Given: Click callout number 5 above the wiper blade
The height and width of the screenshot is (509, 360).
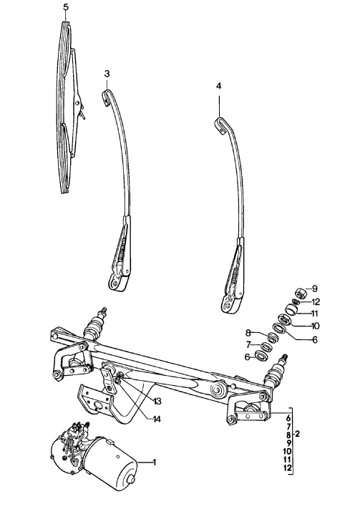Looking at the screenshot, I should tap(65, 7).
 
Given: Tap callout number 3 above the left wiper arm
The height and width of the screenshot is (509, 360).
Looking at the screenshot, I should tap(107, 74).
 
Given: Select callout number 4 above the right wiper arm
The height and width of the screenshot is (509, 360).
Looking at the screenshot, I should tap(218, 86).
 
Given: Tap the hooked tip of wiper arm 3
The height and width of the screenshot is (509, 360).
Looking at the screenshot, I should tap(106, 94).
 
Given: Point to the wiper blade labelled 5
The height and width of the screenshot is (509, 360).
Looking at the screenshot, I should tap(67, 107).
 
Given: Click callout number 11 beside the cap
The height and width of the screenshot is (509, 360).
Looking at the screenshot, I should tap(316, 313).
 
